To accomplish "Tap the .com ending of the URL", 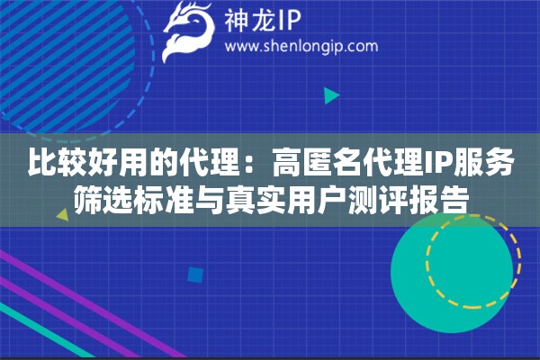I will pyautogui.click(x=359, y=46).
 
